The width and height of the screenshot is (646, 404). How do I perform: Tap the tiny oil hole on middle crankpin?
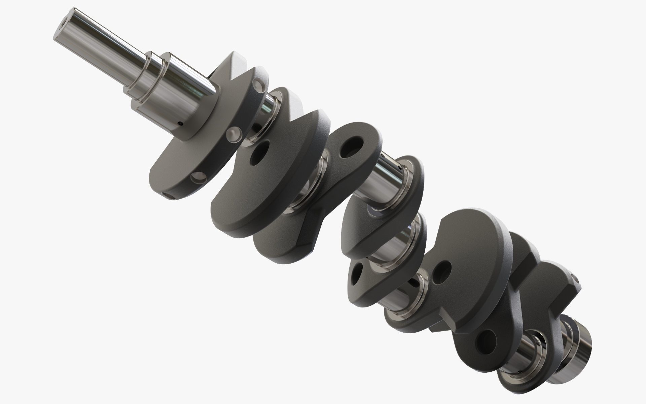[x=399, y=167]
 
